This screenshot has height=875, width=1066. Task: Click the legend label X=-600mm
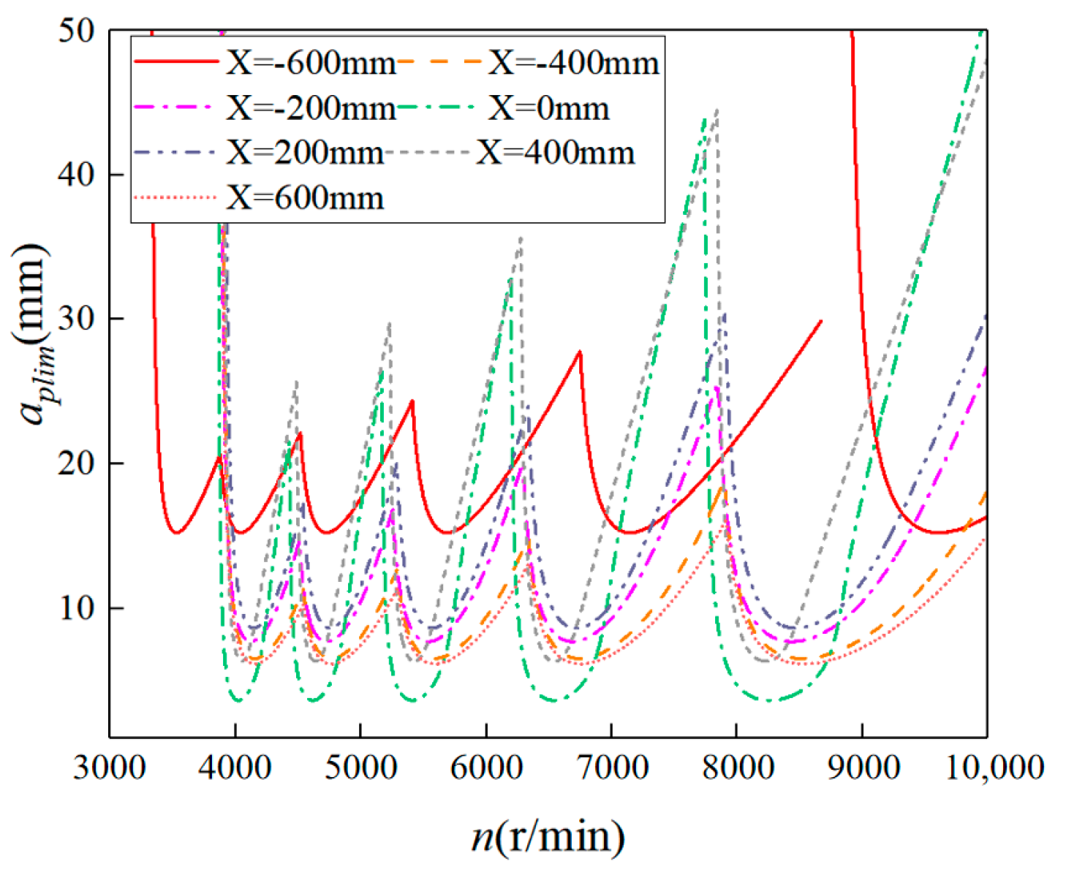(x=311, y=64)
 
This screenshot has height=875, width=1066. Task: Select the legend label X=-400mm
(x=573, y=64)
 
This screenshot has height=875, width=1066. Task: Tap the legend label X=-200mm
(x=311, y=109)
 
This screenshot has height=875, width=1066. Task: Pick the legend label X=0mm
(x=548, y=109)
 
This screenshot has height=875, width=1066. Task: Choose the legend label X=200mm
(x=304, y=154)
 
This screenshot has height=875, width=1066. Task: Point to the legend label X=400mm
(x=556, y=154)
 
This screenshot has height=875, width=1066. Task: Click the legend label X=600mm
(x=304, y=198)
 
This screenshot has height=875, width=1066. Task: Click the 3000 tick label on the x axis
(x=110, y=768)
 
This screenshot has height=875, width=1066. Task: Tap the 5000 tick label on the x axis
(x=360, y=768)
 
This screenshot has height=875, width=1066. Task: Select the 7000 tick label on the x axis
(x=611, y=768)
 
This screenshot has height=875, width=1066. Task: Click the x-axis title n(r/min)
(x=548, y=836)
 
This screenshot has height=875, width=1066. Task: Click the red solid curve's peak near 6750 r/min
(x=580, y=352)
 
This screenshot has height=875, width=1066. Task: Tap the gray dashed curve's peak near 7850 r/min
(x=717, y=110)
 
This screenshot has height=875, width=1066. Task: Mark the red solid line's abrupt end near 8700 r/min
(x=821, y=321)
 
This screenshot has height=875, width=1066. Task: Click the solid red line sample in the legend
(x=176, y=63)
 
